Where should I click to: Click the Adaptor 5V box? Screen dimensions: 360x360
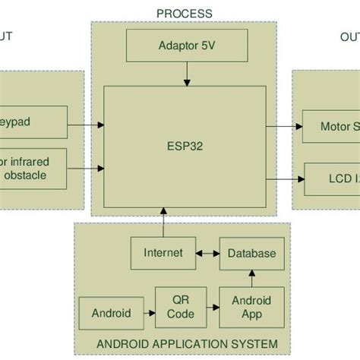(x=186, y=45)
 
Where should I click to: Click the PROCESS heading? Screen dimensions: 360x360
(x=184, y=14)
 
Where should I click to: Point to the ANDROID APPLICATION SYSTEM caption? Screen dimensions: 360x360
(x=186, y=344)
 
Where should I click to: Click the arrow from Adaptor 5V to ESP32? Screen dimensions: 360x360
(x=186, y=73)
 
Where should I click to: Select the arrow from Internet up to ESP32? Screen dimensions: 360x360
(x=163, y=224)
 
